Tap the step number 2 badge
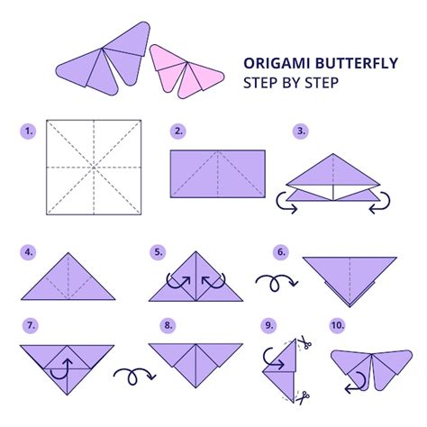(x=178, y=132)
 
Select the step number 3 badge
(x=301, y=132)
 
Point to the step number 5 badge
(x=158, y=253)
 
